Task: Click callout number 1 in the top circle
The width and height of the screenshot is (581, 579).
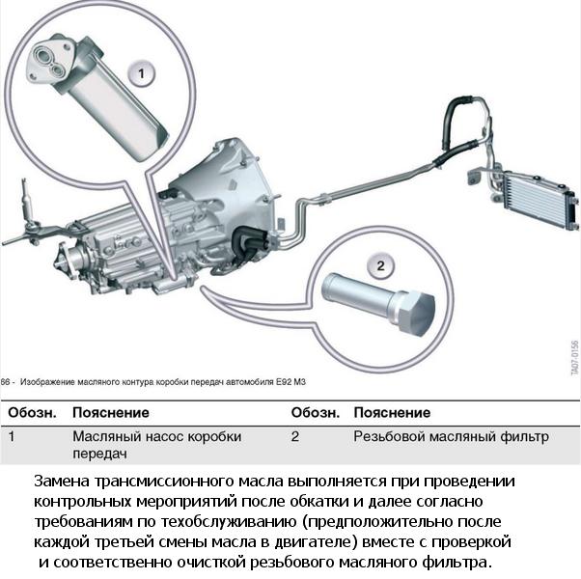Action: (x=142, y=73)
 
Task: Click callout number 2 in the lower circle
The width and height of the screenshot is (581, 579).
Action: (x=380, y=265)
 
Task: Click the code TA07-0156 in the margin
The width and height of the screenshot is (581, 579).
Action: (x=573, y=357)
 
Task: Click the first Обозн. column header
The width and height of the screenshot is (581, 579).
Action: (x=32, y=413)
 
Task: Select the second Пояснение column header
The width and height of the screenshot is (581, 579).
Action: (x=392, y=413)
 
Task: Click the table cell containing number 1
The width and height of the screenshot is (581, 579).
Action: (x=12, y=436)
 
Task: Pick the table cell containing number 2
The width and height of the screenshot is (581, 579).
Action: (x=295, y=436)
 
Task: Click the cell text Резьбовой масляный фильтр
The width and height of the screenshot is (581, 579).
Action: (x=451, y=436)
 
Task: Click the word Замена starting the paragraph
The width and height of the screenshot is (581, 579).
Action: (x=63, y=482)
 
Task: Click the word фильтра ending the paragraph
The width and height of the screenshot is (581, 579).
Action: (x=457, y=563)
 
